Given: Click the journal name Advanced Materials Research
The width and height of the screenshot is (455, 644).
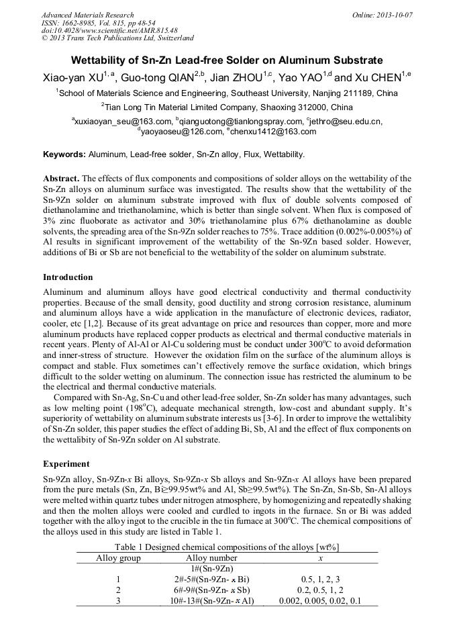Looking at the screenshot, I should pyautogui.click(x=87, y=15).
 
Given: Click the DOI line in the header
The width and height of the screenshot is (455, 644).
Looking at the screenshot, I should pyautogui.click(x=109, y=30).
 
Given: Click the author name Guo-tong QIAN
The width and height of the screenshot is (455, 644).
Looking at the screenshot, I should pyautogui.click(x=157, y=77).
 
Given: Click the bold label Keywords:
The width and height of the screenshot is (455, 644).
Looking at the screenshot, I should pyautogui.click(x=64, y=154).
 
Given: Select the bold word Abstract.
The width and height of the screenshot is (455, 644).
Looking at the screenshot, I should pyautogui.click(x=60, y=179).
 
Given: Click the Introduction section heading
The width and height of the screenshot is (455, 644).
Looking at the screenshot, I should pyautogui.click(x=68, y=277).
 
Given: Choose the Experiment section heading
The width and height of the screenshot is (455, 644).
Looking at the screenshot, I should pyautogui.click(x=65, y=463).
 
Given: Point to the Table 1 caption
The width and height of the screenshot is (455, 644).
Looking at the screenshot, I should pyautogui.click(x=227, y=547).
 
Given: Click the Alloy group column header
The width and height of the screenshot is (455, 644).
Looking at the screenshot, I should pyautogui.click(x=118, y=558).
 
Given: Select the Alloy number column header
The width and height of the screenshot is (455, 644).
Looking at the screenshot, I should pyautogui.click(x=211, y=558).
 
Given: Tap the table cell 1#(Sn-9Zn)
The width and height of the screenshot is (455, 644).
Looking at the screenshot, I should pyautogui.click(x=211, y=569).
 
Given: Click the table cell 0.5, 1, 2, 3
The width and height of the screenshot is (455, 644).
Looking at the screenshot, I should pyautogui.click(x=319, y=579).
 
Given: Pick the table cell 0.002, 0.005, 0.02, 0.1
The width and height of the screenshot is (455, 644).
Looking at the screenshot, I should pyautogui.click(x=319, y=600).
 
